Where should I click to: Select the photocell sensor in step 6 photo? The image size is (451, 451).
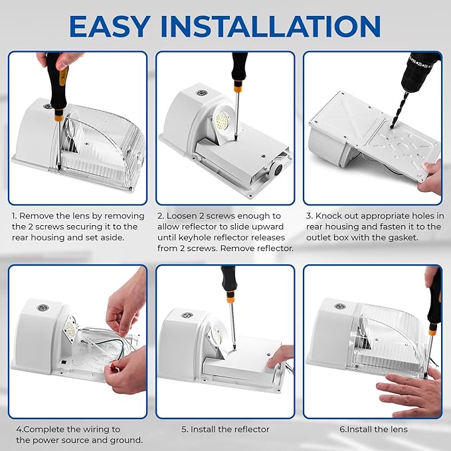click(x=339, y=307)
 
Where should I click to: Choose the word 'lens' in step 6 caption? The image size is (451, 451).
click(x=397, y=429)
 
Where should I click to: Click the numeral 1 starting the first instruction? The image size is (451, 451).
click(x=14, y=216)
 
